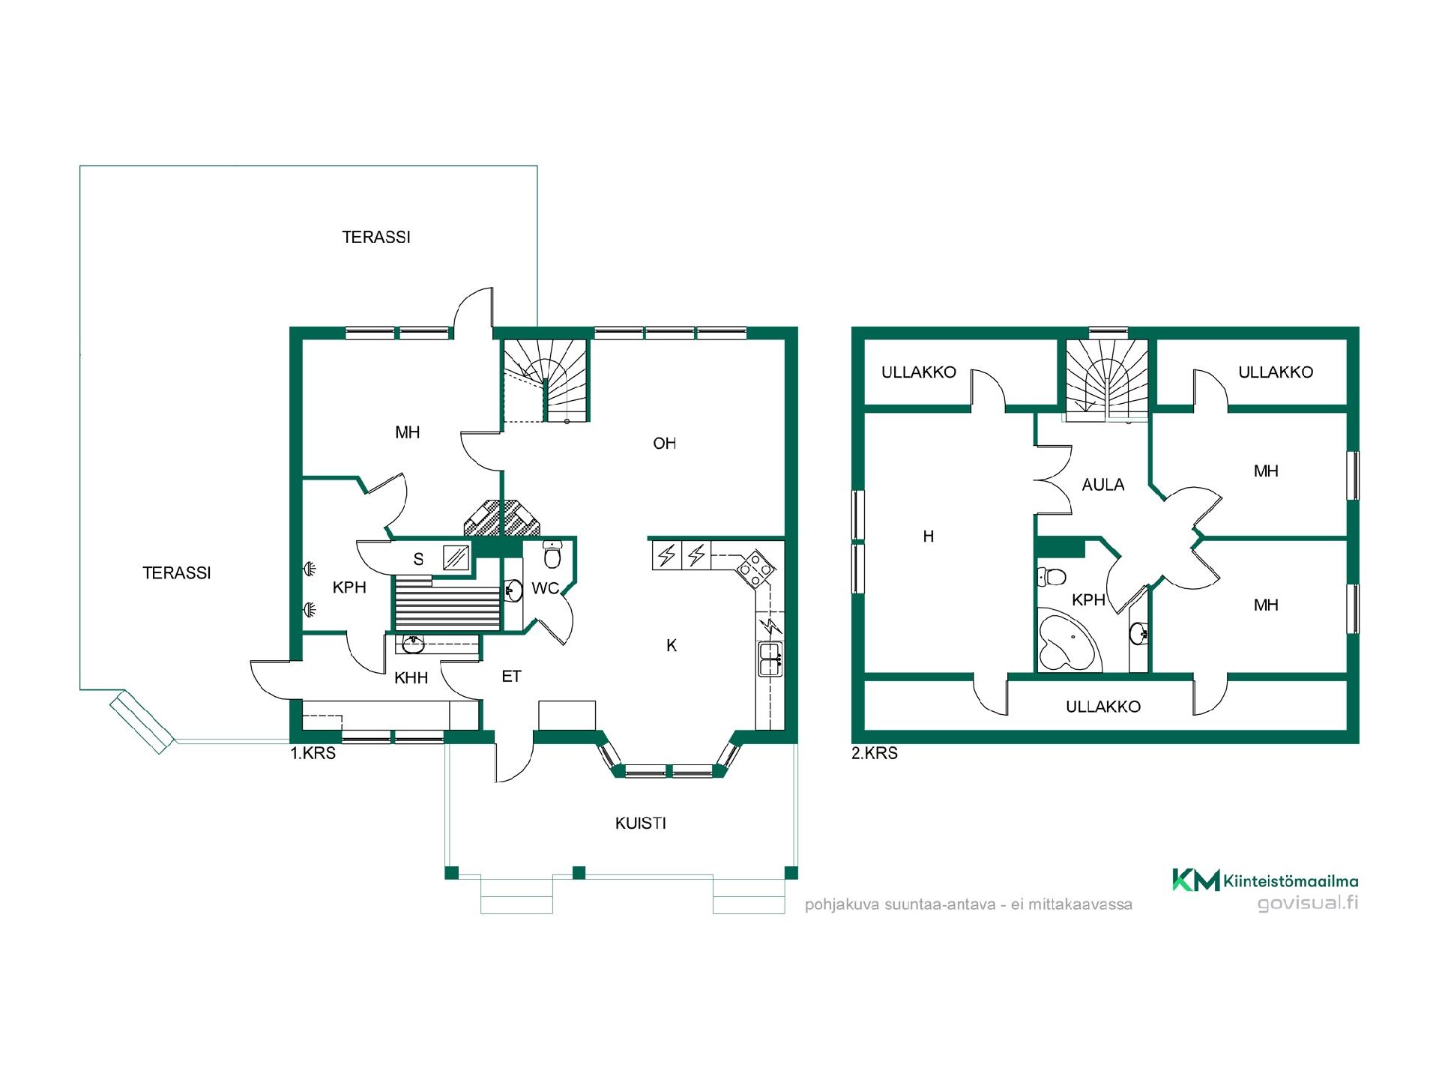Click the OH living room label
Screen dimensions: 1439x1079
tap(664, 444)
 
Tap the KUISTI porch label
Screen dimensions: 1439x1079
tap(640, 823)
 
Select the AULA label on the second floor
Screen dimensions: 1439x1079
tap(1102, 485)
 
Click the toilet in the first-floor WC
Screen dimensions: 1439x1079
tap(552, 555)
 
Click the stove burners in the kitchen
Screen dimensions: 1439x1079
tap(755, 568)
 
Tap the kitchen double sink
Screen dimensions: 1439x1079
tap(770, 659)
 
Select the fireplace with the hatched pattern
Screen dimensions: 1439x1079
tap(501, 518)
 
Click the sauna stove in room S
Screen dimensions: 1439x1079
tap(456, 557)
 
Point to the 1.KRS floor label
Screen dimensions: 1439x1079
tap(313, 753)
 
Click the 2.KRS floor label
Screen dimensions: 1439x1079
tap(874, 753)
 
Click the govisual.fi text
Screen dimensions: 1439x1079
tap(1307, 903)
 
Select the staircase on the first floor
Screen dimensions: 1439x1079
tap(545, 381)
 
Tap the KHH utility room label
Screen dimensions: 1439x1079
tap(411, 678)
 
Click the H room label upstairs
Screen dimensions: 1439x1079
tap(929, 537)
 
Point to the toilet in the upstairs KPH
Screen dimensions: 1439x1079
tap(1052, 576)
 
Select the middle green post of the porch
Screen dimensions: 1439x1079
tap(578, 872)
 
